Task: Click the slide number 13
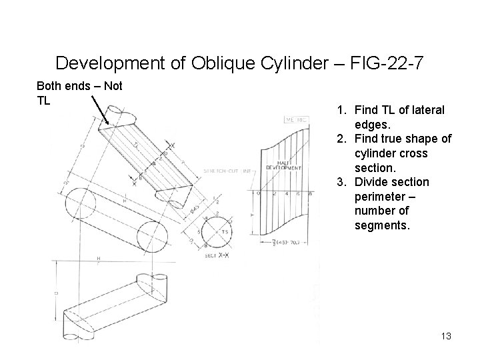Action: pyautogui.click(x=446, y=336)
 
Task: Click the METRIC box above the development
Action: pyautogui.click(x=297, y=120)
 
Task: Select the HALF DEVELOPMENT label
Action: pyautogui.click(x=285, y=165)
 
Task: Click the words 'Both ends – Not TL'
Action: pyautogui.click(x=79, y=93)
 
